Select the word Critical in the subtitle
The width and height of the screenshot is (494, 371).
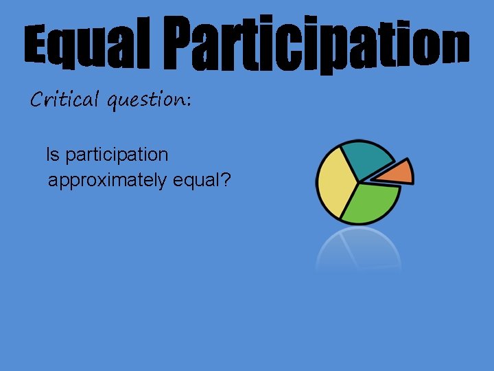pos(64,100)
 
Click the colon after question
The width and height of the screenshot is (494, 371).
pos(188,102)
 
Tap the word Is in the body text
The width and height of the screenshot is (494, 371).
pos(53,155)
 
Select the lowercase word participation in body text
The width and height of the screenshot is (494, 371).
pos(117,156)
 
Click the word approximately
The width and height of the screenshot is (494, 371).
pos(107,181)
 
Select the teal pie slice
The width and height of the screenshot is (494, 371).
pos(364,159)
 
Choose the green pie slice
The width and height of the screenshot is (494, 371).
pos(371,203)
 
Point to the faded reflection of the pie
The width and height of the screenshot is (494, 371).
pos(359,250)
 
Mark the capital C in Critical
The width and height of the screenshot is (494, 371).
pos(37,100)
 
